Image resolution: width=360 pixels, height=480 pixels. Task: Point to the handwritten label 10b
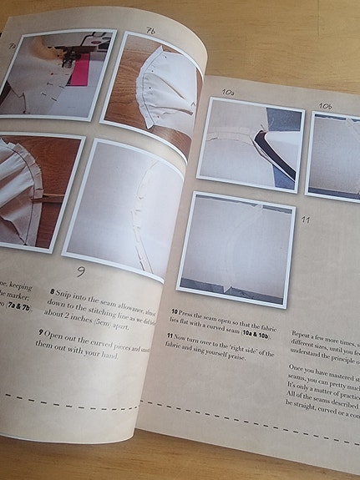[326, 106]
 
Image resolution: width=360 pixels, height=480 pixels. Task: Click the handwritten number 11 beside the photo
[306, 220]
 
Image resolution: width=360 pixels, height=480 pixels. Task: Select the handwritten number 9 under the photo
[81, 271]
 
